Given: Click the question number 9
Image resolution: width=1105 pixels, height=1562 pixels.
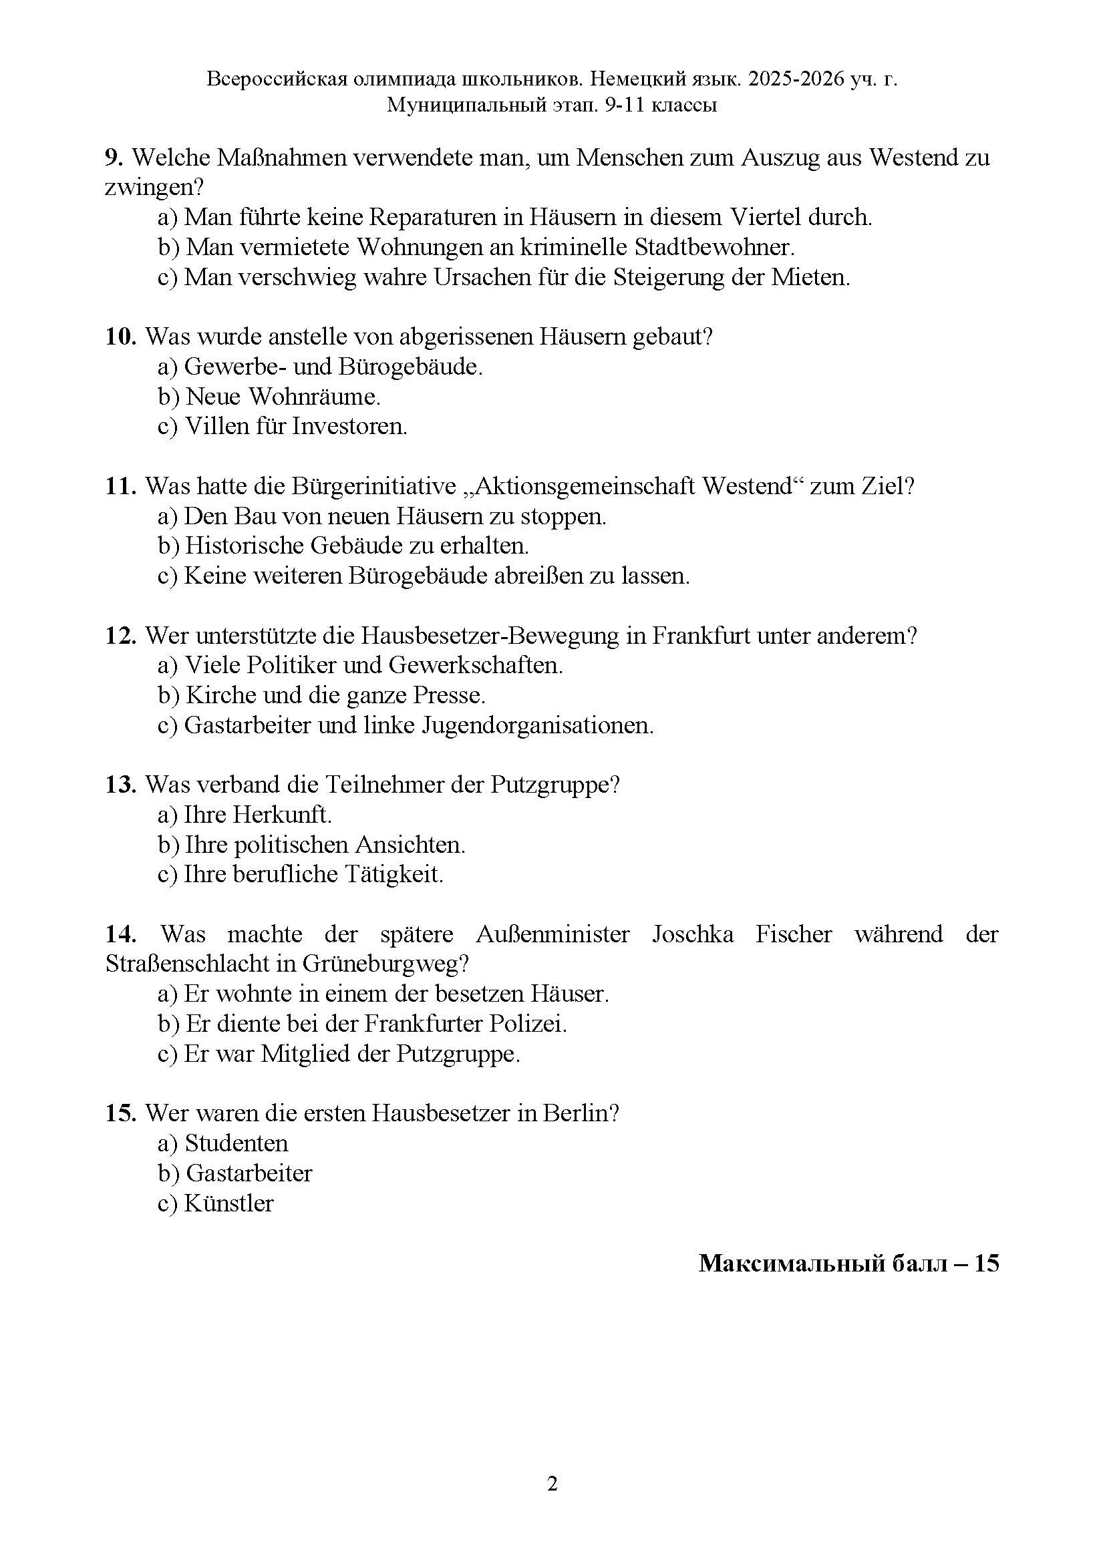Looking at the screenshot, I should (114, 158).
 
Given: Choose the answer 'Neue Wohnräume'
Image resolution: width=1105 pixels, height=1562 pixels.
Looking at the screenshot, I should (283, 397).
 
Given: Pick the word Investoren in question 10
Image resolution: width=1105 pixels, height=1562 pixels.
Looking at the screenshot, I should (349, 427).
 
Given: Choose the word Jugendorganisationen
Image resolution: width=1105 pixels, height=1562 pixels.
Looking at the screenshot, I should (537, 725).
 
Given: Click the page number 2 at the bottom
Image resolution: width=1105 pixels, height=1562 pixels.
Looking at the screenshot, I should (552, 1484).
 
